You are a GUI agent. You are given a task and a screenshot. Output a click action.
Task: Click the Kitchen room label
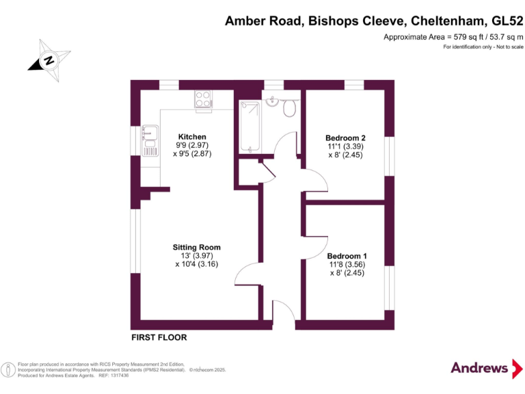[192, 137]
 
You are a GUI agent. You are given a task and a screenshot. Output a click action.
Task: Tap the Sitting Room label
[197, 247]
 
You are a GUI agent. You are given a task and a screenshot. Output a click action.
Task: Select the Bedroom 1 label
[347, 256]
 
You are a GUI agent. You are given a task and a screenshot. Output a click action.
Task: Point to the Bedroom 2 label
[345, 138]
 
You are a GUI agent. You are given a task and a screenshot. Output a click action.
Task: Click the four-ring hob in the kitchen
[203, 98]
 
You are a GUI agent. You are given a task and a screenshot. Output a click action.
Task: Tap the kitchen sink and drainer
[150, 141]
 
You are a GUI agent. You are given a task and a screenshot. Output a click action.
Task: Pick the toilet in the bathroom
[289, 107]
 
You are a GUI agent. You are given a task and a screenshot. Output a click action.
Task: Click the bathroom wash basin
[273, 101]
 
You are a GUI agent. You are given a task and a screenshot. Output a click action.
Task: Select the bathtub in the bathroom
[250, 126]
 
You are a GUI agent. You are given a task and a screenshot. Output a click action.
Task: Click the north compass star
[49, 61]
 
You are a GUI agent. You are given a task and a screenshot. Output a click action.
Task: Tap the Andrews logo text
[479, 368]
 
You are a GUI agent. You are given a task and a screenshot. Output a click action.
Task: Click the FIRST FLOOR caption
[159, 337]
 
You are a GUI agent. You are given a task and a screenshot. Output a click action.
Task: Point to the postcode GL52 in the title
[507, 21]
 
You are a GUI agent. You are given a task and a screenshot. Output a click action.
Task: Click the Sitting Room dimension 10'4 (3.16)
[197, 264]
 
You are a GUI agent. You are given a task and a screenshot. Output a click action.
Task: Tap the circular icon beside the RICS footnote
[8, 370]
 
